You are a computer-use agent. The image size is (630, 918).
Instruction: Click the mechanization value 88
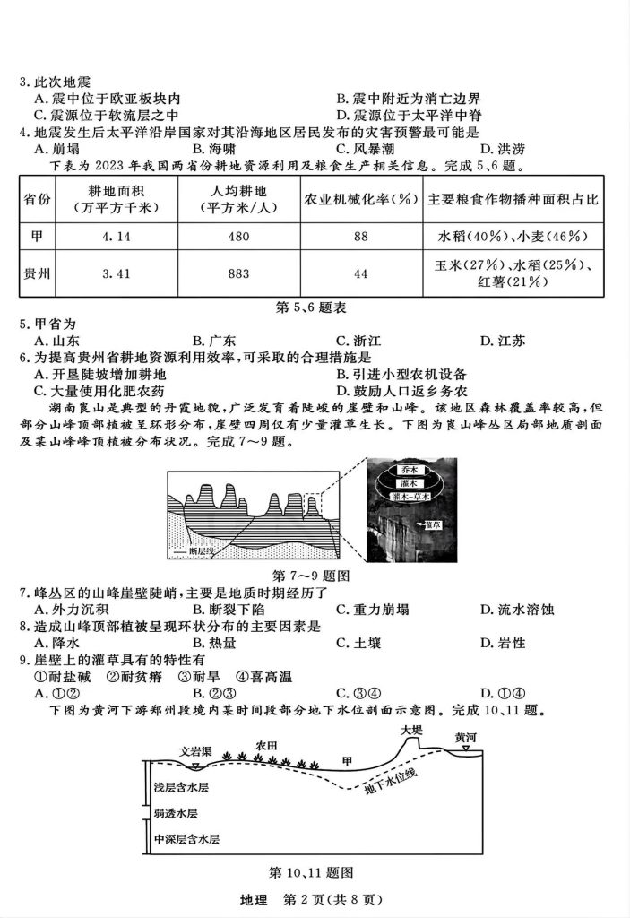[361, 237]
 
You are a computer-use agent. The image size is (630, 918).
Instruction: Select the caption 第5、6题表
[315, 307]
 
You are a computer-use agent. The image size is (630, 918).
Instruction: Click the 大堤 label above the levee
[411, 730]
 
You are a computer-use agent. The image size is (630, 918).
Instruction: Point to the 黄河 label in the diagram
[465, 738]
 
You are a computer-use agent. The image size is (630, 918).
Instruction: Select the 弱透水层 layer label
[175, 813]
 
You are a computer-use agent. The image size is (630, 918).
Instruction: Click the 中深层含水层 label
[186, 840]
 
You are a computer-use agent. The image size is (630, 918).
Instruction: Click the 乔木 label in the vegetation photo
[413, 470]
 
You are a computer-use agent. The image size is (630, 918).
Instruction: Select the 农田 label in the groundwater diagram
[266, 745]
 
